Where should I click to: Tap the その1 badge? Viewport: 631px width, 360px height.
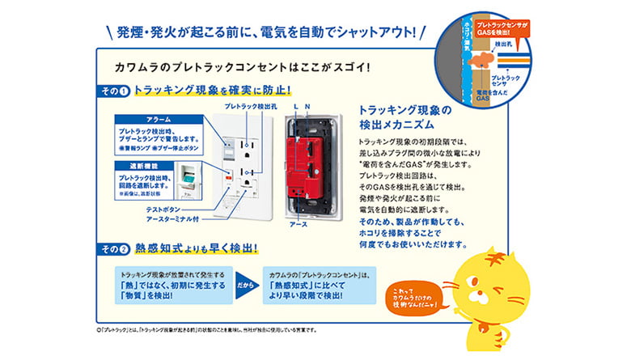pos(115,91)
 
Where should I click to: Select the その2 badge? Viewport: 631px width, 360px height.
pos(115,248)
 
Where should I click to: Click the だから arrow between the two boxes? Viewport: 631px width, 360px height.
pos(247,286)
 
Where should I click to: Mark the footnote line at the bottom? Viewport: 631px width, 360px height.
pos(206,330)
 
